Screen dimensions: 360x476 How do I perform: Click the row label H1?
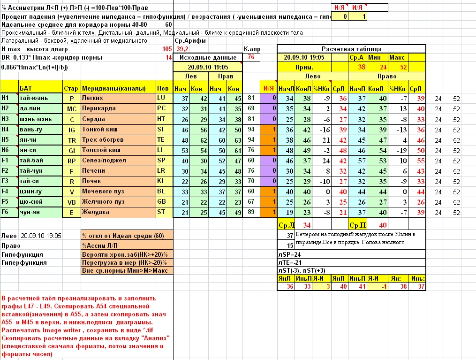(6, 98)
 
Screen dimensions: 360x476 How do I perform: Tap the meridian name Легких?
(94, 98)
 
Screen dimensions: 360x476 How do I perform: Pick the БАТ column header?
(26, 88)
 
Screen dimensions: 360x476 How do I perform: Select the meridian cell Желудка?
(97, 212)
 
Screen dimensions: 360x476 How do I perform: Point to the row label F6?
(6, 212)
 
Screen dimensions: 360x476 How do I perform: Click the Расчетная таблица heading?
(351, 49)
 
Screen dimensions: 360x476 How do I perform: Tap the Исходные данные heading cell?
(208, 57)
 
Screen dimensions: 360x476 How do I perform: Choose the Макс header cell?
(397, 57)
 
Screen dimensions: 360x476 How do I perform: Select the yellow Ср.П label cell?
(358, 225)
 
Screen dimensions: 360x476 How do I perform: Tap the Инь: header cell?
(417, 279)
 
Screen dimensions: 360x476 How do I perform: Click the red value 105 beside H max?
(166, 49)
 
